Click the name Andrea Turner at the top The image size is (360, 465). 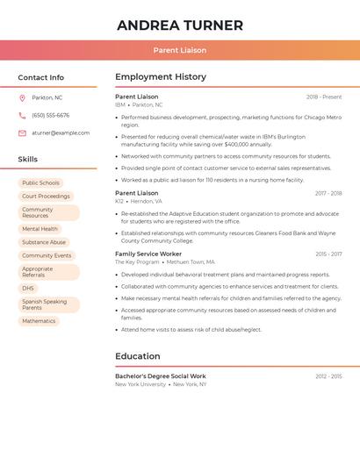pos(180,25)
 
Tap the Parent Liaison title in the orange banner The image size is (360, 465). pos(180,50)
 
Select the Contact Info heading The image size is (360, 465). pos(41,77)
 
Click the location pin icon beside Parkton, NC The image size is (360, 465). pos(22,98)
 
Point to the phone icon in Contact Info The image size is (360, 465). pos(22,116)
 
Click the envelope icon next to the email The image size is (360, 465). pos(22,133)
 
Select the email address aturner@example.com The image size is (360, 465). pos(61,133)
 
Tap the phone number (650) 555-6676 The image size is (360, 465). pos(50,116)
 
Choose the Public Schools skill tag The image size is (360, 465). pos(40,182)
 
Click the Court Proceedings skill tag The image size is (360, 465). pos(46,197)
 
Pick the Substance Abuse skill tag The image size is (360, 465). pos(44,242)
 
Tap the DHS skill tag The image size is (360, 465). pos(28,288)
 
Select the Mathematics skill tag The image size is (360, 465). pos(39,321)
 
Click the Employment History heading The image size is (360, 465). pos(161,77)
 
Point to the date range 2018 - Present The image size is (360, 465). pos(324,97)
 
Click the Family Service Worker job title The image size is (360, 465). pos(148,254)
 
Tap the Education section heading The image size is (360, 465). pos(138,356)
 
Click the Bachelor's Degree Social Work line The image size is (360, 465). pos(161,376)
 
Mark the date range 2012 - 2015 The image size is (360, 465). pos(328,376)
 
